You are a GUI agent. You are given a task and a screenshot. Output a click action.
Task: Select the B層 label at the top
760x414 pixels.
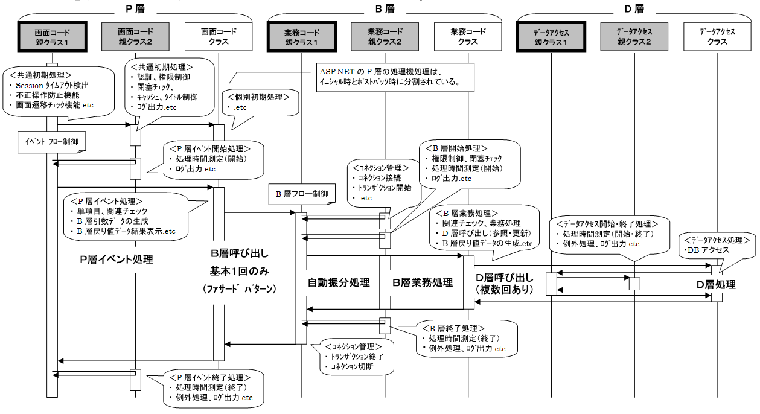[384, 8]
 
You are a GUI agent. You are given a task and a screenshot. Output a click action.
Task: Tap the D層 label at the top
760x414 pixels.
[634, 8]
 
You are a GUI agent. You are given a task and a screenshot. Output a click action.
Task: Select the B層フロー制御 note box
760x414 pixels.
[302, 194]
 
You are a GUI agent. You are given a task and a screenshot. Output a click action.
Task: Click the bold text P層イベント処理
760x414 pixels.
[117, 260]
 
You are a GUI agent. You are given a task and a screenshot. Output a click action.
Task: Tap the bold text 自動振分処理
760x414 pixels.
[339, 282]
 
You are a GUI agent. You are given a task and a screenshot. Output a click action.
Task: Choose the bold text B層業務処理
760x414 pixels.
[423, 282]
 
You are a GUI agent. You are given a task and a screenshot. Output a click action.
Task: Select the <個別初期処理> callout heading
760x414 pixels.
[258, 97]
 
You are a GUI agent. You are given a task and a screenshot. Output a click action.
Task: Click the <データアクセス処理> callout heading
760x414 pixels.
[717, 240]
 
